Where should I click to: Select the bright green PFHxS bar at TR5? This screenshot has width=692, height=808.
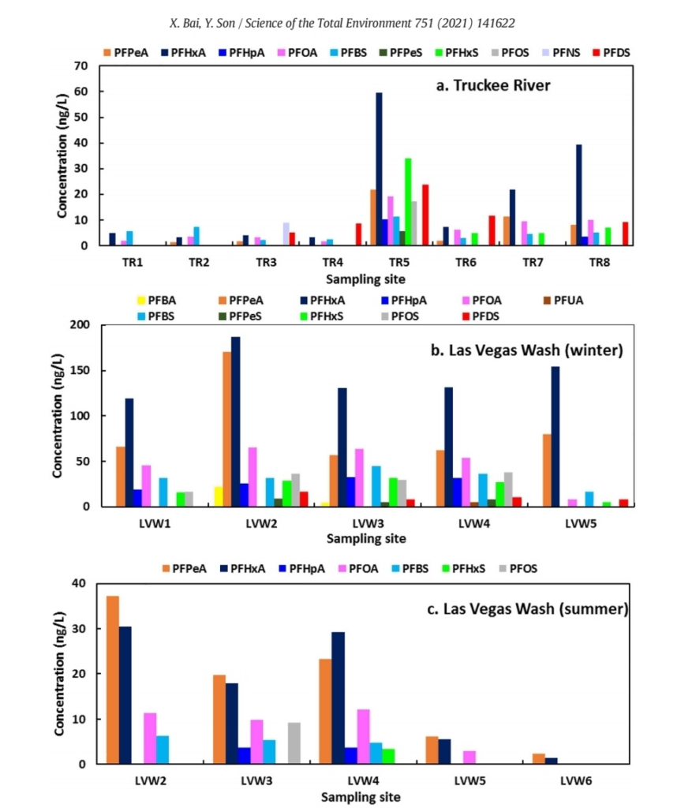click(407, 202)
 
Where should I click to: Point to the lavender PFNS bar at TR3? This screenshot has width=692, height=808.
click(286, 234)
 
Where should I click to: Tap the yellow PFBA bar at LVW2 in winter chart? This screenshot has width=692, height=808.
click(218, 496)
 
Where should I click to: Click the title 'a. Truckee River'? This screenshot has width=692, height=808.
click(493, 85)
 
